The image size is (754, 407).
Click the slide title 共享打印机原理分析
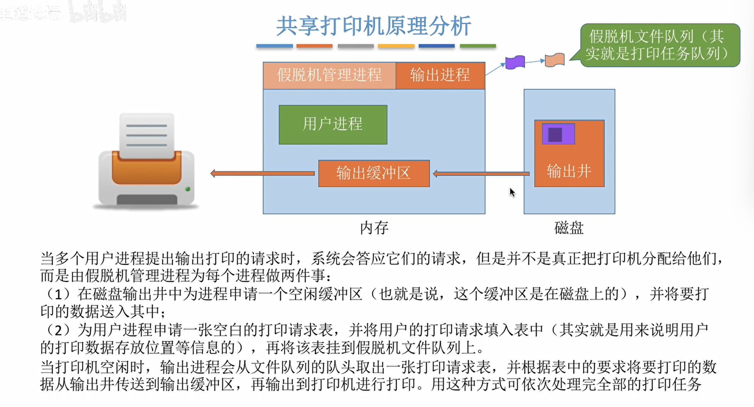[374, 26]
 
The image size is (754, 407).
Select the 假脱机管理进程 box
[329, 75]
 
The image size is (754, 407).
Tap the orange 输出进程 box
[440, 75]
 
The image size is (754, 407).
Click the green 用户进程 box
[333, 125]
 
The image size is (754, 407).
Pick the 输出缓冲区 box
[374, 173]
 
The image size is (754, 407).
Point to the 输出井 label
[569, 171]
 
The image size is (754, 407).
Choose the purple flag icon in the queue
[515, 62]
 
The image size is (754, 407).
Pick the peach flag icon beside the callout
[555, 60]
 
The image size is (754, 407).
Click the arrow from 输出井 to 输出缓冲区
[481, 174]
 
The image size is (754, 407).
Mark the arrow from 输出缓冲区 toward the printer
[262, 174]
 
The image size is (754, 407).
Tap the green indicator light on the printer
[187, 189]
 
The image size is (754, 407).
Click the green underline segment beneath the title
[478, 46]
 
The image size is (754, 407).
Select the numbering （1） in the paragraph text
[58, 294]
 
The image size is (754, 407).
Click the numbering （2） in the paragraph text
[58, 330]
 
